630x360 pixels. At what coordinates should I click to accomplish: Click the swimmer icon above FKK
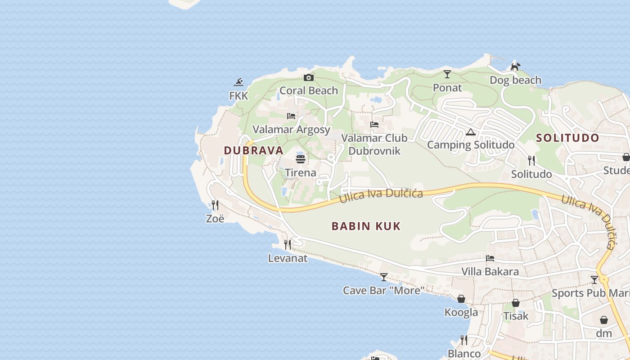coord(238,82)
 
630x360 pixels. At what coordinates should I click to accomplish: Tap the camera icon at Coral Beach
coord(308,77)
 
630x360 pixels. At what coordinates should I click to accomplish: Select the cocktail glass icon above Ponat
coord(447,74)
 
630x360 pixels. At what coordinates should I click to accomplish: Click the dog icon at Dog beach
coord(515,67)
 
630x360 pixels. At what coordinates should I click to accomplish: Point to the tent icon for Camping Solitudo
coord(471,132)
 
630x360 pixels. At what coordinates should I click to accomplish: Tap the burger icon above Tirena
coord(301,159)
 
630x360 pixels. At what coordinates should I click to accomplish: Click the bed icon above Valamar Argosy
coord(291,116)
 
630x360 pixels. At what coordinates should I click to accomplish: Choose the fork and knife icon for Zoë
coord(215,205)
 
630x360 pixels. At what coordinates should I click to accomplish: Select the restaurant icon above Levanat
coord(288,245)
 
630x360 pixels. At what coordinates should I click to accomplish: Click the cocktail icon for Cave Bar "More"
coord(383,277)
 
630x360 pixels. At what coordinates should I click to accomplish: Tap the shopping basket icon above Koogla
coord(461,299)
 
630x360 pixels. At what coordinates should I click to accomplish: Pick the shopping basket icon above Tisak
coord(516,303)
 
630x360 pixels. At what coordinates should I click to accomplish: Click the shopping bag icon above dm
coord(604,320)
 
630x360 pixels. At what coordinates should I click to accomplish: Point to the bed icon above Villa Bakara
coord(490,258)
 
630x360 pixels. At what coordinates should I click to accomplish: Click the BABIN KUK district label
coord(366,226)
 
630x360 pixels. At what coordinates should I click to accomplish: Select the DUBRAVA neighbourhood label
coord(254,150)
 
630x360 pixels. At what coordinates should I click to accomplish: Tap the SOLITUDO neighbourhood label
coord(568,138)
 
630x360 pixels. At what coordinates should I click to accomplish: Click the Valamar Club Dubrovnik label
coord(374,144)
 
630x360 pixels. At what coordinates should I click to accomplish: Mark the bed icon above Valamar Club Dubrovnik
coord(374,125)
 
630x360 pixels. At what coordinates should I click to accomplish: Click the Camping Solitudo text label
coord(471,145)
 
